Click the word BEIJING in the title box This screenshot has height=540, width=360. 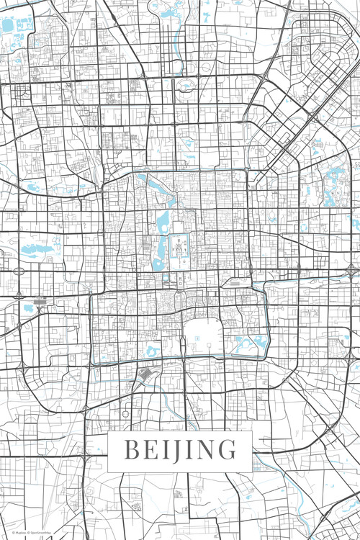180,449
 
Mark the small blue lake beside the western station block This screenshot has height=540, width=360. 29,308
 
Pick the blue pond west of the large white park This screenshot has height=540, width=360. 153,351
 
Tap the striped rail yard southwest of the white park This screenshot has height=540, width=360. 148,374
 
